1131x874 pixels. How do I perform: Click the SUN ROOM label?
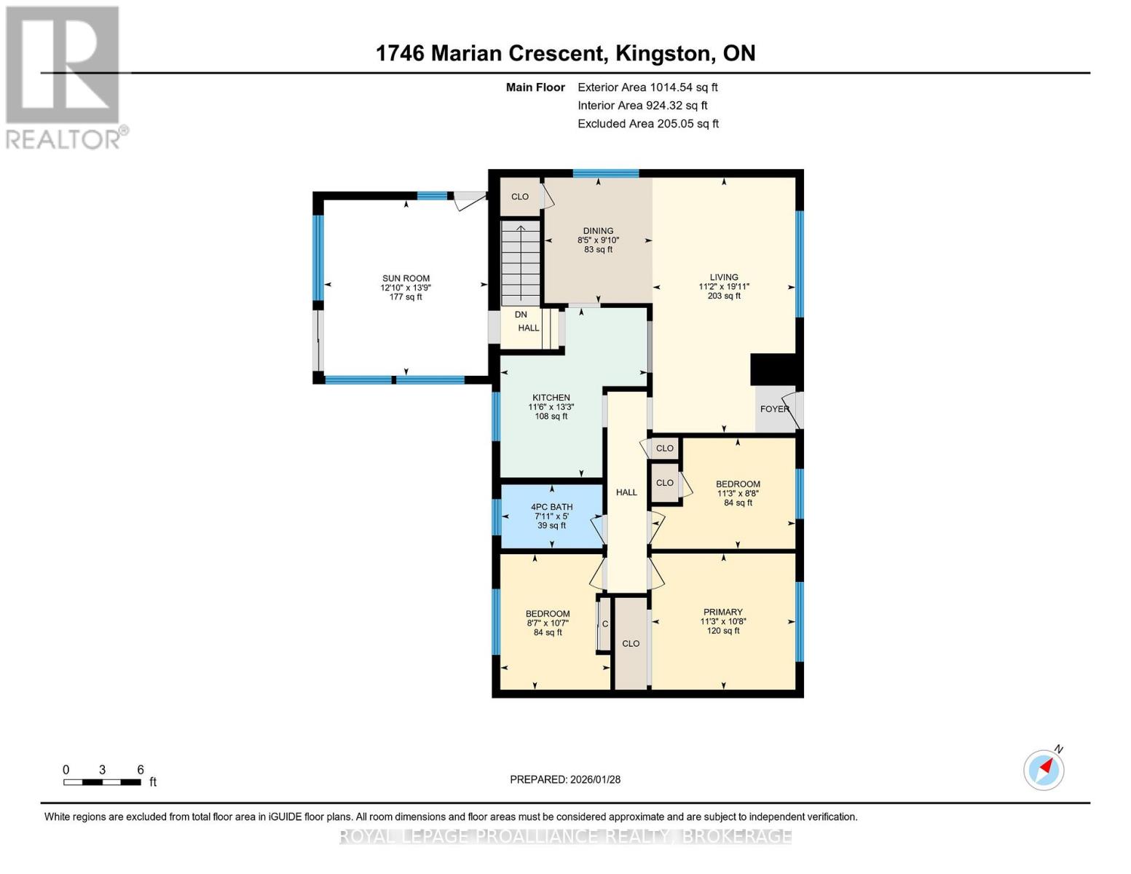[406, 278]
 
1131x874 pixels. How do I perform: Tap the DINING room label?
[598, 231]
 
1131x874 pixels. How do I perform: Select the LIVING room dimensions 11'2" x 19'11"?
[723, 287]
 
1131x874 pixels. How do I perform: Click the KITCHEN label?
[551, 398]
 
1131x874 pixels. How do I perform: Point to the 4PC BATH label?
[551, 507]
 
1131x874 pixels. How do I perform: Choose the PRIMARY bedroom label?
[722, 612]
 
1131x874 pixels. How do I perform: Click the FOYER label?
[774, 409]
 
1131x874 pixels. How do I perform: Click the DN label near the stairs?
[521, 315]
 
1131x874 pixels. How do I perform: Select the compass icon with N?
[1044, 769]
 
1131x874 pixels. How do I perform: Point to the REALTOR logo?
[64, 76]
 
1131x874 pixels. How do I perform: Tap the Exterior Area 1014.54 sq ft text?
[647, 87]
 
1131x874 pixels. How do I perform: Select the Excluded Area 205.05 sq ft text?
[647, 124]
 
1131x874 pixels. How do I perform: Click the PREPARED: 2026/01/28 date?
[565, 779]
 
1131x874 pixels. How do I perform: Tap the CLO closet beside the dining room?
[520, 197]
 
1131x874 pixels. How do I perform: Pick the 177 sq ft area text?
[406, 297]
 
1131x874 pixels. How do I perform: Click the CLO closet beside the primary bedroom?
[631, 643]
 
